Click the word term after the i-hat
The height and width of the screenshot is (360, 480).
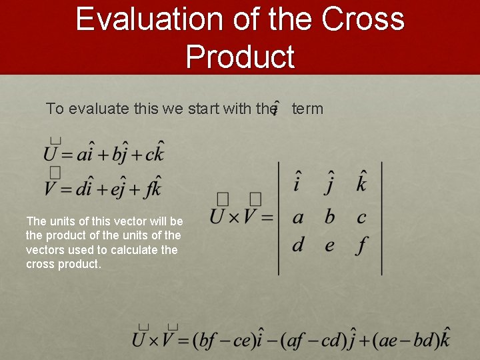pyautogui.click(x=307, y=108)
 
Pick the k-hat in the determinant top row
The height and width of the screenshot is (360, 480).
pyautogui.click(x=361, y=181)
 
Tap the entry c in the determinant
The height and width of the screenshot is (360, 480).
pyautogui.click(x=361, y=217)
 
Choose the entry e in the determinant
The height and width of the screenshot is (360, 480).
pyautogui.click(x=329, y=245)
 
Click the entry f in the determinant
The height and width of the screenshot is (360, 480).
pyautogui.click(x=361, y=245)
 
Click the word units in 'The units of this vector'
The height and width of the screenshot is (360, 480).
pyautogui.click(x=59, y=221)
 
